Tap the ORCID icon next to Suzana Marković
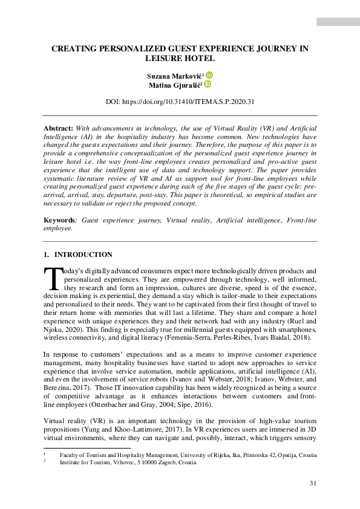pyautogui.click(x=209, y=75)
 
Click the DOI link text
pyautogui.click(x=180, y=102)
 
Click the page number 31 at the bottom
pyautogui.click(x=313, y=482)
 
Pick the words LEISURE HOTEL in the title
pyautogui.click(x=180, y=59)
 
